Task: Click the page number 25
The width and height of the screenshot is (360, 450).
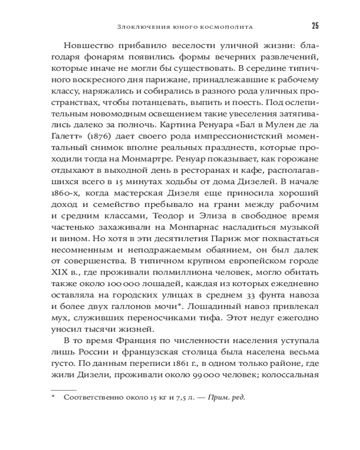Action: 315,25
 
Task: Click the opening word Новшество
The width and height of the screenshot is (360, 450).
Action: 90,45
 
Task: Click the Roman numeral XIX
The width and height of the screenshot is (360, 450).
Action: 58,273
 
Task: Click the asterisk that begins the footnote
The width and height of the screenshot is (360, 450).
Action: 53,397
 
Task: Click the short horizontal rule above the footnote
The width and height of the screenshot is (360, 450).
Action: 63,387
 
